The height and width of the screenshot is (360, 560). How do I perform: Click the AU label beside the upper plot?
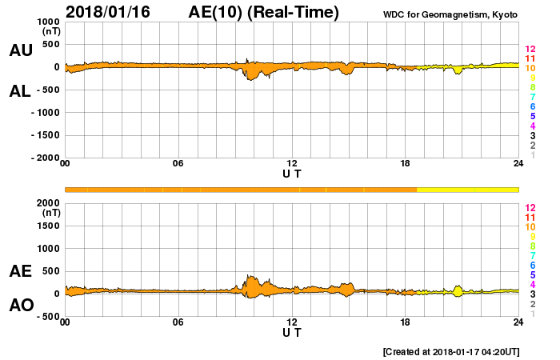pos(21,50)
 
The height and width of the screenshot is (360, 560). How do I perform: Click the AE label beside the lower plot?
pos(21,272)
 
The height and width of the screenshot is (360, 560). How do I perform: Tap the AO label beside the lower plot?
pos(21,306)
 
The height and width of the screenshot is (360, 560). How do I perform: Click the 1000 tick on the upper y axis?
pos(48,22)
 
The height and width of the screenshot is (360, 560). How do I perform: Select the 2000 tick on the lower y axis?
pos(48,203)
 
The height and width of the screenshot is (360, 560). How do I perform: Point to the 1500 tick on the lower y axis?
pos(48,226)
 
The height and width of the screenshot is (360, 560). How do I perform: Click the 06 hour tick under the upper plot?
pos(178,164)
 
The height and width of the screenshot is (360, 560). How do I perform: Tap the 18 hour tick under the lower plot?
pos(405,322)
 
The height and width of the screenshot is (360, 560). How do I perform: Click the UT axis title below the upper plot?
pos(292,173)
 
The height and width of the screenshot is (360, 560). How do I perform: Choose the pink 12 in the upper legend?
pos(530,50)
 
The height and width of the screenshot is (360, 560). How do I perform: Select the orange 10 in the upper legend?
pos(530,69)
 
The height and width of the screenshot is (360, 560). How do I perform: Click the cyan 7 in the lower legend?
pos(530,255)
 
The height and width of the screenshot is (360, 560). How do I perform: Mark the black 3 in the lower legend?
pos(530,294)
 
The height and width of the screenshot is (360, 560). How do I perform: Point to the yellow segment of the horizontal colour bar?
pos(467,189)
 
